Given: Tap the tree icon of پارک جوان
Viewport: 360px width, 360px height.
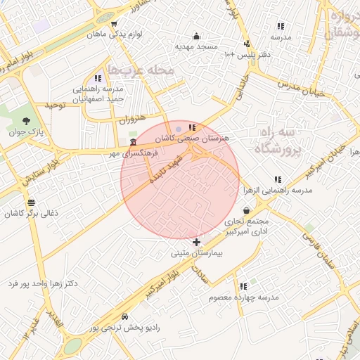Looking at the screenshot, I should [x=27, y=121].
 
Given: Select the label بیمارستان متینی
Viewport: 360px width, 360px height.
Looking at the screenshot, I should [x=196, y=252].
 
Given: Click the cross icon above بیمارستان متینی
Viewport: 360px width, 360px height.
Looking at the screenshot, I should [x=196, y=243].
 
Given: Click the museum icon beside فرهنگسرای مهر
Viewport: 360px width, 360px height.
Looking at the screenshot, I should [x=133, y=142].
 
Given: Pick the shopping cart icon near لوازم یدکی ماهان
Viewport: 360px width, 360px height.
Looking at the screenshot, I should [x=113, y=24].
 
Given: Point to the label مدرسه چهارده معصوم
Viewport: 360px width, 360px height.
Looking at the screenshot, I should [x=243, y=297].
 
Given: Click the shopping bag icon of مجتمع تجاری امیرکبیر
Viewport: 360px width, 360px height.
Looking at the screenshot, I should [x=246, y=210].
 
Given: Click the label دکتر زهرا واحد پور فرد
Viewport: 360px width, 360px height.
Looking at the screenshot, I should [x=42, y=283].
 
